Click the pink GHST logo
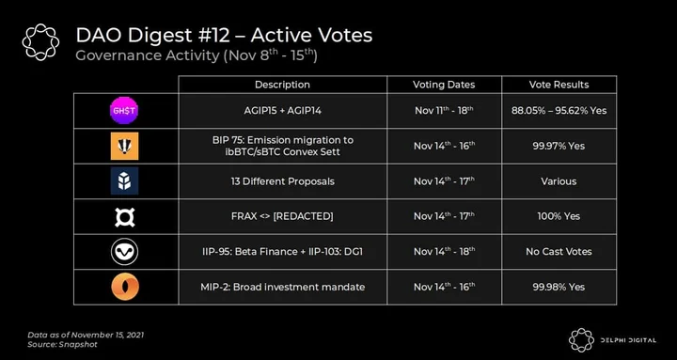[124, 111]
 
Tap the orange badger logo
[124, 146]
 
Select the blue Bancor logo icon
[124, 180]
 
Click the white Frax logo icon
[124, 216]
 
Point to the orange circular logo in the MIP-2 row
[125, 287]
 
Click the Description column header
[282, 85]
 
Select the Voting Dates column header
[444, 85]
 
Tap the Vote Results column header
[559, 85]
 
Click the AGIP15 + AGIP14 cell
[282, 111]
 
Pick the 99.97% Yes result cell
[559, 146]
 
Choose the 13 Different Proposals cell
[282, 181]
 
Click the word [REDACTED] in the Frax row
[303, 216]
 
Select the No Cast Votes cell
[559, 252]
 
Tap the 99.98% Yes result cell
[559, 287]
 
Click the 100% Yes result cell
[559, 216]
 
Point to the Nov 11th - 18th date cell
[444, 111]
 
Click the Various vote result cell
[559, 181]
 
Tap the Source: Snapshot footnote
[62, 344]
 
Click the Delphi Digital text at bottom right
[628, 340]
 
